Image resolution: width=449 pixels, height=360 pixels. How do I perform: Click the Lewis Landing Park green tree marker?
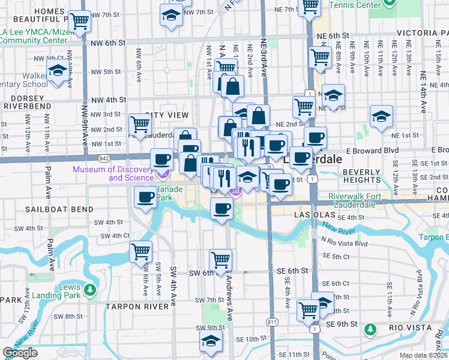[x=90, y=291]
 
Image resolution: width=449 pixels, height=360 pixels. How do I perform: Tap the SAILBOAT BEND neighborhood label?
[x=59, y=209]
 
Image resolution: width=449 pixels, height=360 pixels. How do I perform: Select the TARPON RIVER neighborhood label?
[x=137, y=307]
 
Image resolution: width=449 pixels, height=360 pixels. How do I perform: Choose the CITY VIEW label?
[x=167, y=115]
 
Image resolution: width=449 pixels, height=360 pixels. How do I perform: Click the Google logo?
[x=20, y=353]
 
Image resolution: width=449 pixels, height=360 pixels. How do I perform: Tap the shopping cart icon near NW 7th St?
[x=79, y=21]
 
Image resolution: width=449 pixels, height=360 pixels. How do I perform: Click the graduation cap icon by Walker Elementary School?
[x=58, y=72]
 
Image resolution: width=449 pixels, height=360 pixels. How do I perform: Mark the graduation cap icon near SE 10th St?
[x=211, y=341]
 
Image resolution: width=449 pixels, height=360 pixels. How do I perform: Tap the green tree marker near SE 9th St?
[x=370, y=329]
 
